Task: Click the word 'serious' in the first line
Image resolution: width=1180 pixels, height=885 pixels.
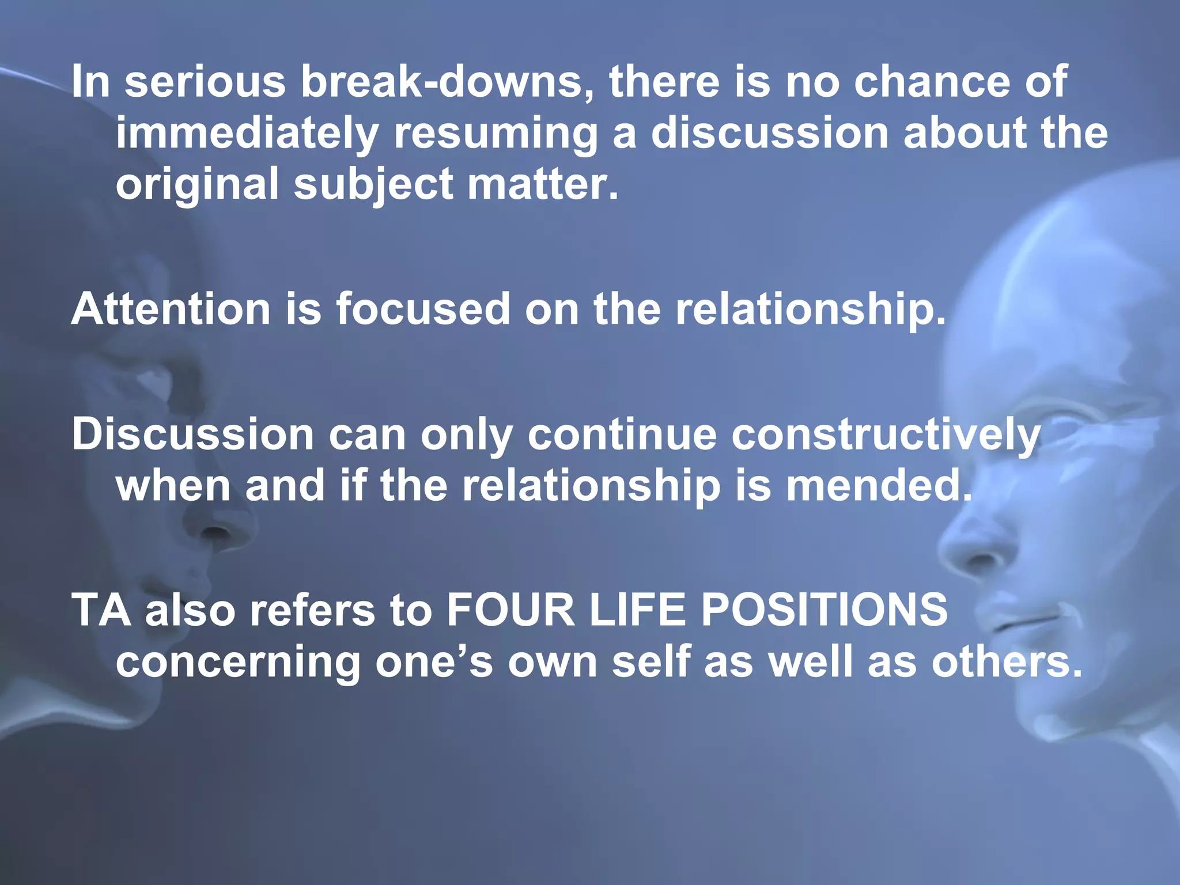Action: (x=205, y=81)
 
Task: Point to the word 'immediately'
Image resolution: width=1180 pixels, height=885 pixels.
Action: (x=247, y=134)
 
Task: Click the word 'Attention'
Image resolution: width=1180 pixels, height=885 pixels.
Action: (x=171, y=309)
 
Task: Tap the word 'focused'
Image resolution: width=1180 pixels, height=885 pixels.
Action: (x=423, y=309)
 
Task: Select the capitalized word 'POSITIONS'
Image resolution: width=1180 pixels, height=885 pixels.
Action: (x=824, y=610)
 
